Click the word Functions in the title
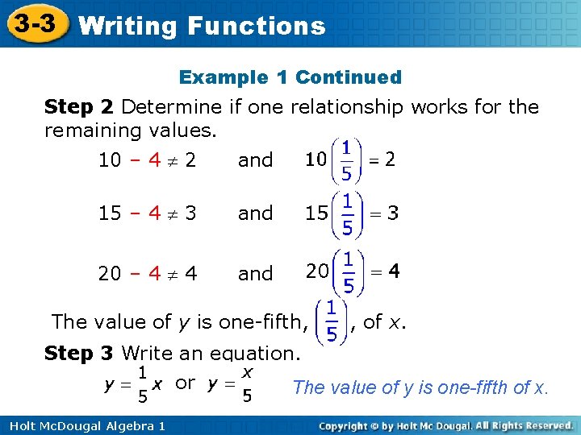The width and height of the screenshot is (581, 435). click(256, 26)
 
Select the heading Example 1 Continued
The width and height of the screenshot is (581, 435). click(290, 77)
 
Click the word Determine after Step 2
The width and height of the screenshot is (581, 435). click(171, 106)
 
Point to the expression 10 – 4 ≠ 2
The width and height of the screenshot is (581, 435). click(147, 160)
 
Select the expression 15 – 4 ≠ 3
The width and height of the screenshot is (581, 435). click(147, 213)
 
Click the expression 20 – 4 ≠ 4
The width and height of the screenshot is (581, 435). click(147, 274)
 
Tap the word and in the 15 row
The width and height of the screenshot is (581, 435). click(255, 213)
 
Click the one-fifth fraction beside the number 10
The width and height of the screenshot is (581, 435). click(345, 160)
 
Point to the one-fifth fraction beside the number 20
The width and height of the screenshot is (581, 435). click(346, 273)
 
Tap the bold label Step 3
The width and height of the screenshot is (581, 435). click(80, 353)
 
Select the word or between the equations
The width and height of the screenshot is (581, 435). click(185, 383)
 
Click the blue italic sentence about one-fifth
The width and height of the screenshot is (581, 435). click(420, 387)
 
